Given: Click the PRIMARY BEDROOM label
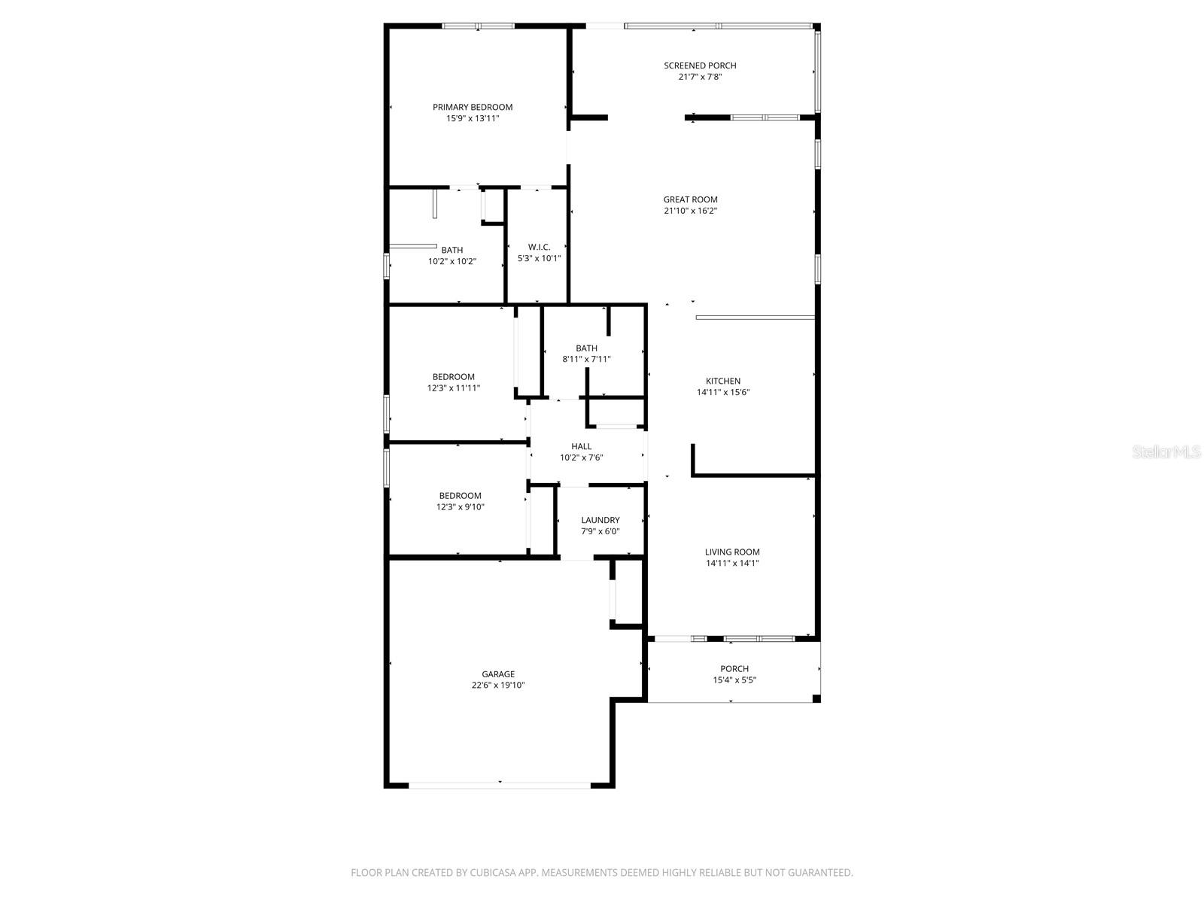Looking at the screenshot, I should coord(473,107).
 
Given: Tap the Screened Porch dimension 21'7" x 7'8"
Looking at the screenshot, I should coord(700,77).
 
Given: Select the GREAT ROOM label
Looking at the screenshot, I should coord(690,199).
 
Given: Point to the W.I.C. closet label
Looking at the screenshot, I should coord(539,247).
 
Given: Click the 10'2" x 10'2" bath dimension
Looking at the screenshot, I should coord(452,262).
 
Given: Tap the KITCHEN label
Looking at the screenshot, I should coord(722,381).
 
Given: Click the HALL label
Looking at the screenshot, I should coord(581,446).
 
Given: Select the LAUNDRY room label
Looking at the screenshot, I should coord(600,520).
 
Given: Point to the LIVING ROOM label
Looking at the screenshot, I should coord(732,552).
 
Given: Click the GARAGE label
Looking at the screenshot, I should coord(498,674).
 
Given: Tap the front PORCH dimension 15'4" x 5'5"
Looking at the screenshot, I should coord(734,680).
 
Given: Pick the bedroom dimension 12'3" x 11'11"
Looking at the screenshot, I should coord(453,388).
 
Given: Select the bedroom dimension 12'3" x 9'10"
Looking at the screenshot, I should coord(460,507).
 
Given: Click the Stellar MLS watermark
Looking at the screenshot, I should coord(1166,452).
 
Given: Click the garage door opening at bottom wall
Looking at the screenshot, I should coord(500,785).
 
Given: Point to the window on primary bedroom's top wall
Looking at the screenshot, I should coord(478,26).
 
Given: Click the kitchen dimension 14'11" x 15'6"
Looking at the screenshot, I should coord(722,392).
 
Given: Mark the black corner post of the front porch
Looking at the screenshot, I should coord(816,699).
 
